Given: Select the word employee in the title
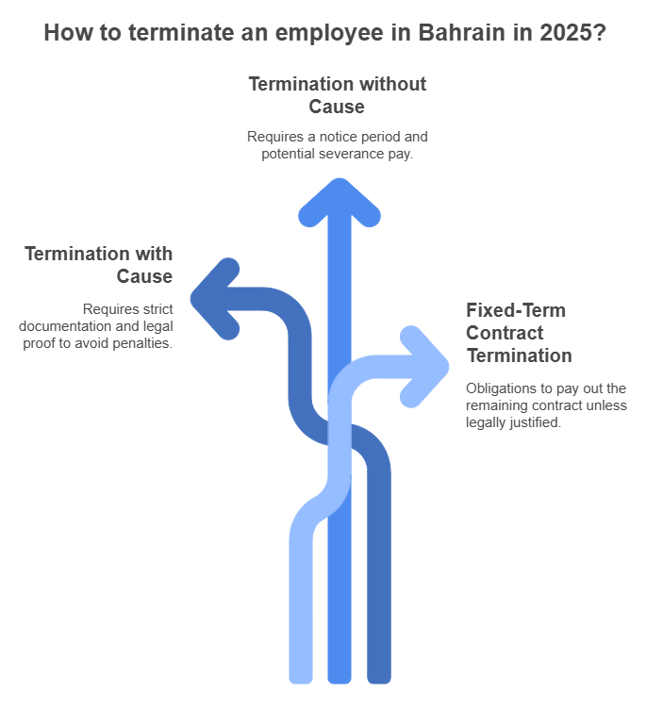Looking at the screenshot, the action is (329, 34).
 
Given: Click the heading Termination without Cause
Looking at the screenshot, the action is (338, 95).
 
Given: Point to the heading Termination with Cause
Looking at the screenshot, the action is (99, 265).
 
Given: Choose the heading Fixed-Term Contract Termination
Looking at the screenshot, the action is (519, 333).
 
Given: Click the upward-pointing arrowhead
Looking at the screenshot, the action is (340, 203).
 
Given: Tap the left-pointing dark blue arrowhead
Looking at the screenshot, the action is (215, 299).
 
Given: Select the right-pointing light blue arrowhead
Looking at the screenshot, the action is (424, 367).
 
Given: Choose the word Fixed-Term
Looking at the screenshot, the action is (516, 310).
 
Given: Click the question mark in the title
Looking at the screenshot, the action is (600, 33).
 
